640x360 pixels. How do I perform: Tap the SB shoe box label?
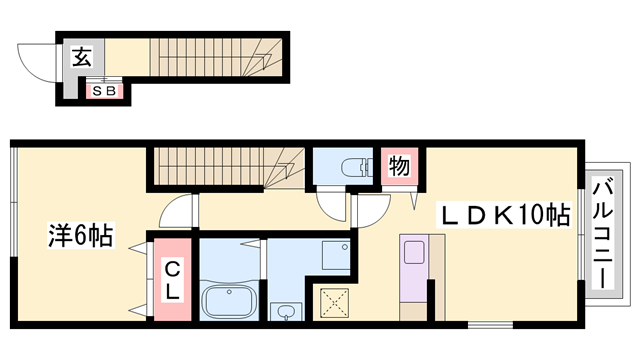[104, 91]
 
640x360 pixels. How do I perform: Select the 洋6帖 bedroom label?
[81, 235]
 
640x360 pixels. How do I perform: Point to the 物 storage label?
[399, 166]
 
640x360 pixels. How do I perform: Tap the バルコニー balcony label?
[603, 235]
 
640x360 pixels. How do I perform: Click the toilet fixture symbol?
[357, 168]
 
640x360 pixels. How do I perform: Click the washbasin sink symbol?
[286, 312]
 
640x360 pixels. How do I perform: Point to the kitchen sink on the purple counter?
[414, 252]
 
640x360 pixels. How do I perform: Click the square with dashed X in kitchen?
[334, 303]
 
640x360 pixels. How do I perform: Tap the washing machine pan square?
[336, 256]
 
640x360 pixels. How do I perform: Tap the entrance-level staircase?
[216, 57]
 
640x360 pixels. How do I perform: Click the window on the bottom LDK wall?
[490, 325]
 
